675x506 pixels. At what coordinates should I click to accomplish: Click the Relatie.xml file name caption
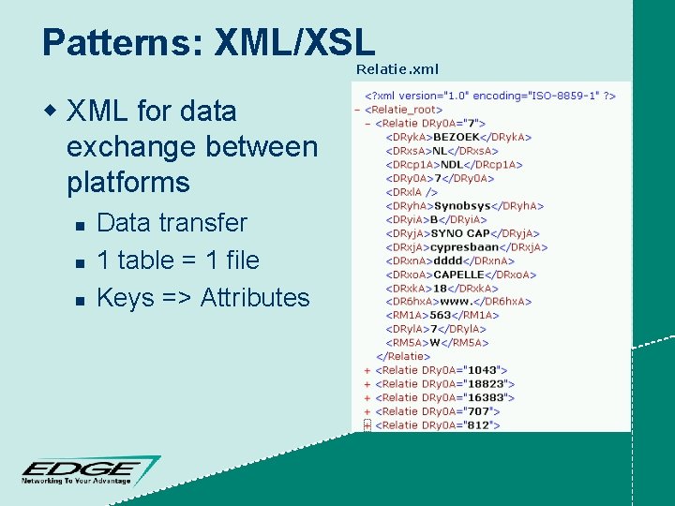397,69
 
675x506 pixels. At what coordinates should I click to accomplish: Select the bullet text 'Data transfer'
172,223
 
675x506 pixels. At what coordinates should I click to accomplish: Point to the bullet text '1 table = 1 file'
177,260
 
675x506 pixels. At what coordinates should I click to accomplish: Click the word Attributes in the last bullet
254,298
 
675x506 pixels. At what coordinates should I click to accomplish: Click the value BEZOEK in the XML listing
459,137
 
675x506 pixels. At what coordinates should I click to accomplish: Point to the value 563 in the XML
440,315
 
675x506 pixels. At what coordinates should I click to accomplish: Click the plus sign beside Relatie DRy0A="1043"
367,370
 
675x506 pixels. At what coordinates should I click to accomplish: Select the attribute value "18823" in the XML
490,384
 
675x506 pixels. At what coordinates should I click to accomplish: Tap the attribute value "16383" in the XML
490,397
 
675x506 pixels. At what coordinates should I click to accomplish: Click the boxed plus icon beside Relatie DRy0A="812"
367,425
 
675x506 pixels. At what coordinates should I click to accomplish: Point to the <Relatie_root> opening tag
404,109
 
